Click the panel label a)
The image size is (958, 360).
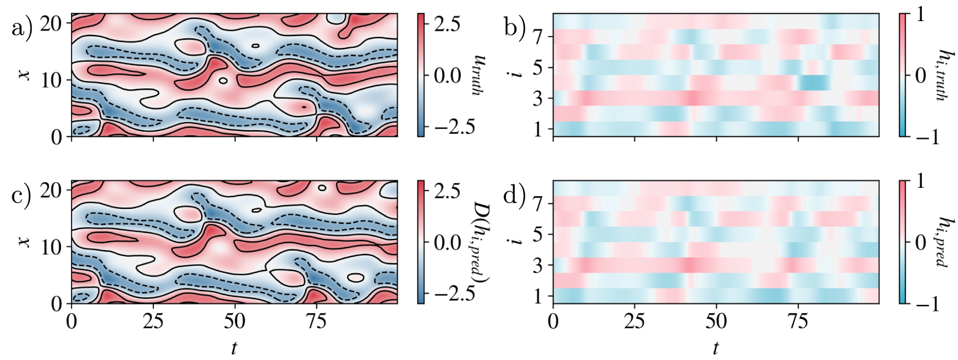(22, 27)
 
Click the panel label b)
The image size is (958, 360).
(514, 27)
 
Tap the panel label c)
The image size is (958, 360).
(22, 194)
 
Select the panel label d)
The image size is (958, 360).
(514, 194)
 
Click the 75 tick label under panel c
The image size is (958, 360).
(316, 322)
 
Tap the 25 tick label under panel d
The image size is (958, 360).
(634, 322)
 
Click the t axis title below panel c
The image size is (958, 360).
(234, 348)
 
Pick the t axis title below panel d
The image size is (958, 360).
(715, 348)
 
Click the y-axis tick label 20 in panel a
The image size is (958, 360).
(51, 23)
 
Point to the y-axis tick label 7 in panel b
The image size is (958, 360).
(538, 38)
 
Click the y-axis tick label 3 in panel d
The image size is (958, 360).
(538, 266)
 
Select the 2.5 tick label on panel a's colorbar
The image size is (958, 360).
(448, 24)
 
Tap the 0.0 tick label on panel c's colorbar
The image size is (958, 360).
(448, 242)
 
